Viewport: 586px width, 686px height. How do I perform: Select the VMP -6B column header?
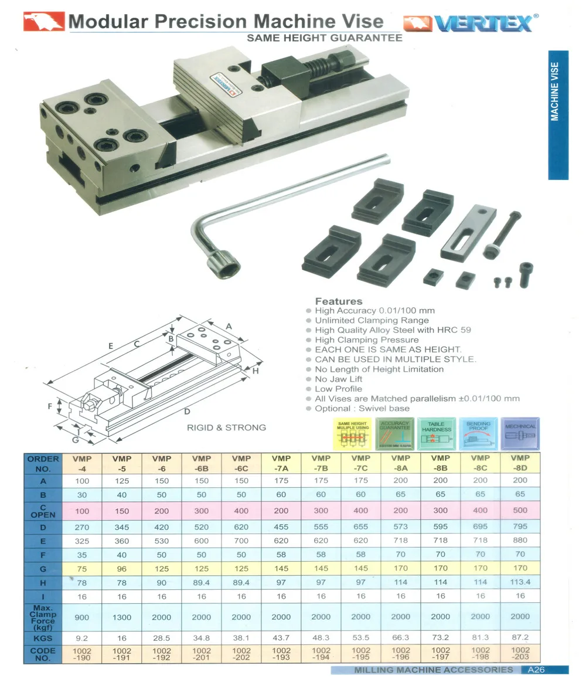pos(202,463)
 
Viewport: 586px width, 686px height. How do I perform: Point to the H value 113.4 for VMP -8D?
pos(520,582)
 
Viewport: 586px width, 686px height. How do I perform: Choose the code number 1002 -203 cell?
pos(520,654)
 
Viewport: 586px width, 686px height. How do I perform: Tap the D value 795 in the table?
pos(520,526)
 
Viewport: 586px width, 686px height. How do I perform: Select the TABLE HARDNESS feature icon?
pos(437,433)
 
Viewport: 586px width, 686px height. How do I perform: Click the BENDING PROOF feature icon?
pos(479,433)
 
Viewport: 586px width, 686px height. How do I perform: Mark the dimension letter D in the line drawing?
pos(187,411)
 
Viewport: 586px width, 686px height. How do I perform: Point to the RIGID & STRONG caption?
pos(226,427)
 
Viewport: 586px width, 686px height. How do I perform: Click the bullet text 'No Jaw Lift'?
pos(339,379)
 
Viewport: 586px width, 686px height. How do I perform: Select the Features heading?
pos(339,301)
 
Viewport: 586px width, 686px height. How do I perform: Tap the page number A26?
pos(537,670)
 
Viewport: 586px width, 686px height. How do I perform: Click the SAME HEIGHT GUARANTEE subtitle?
pos(325,38)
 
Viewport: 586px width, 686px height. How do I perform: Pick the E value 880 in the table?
pos(520,541)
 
